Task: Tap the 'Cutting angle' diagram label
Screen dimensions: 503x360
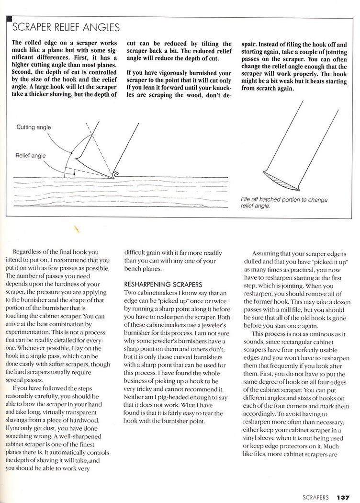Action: [34, 127]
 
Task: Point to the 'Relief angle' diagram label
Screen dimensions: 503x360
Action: [30, 156]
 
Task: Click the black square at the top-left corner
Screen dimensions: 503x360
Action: [8, 19]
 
